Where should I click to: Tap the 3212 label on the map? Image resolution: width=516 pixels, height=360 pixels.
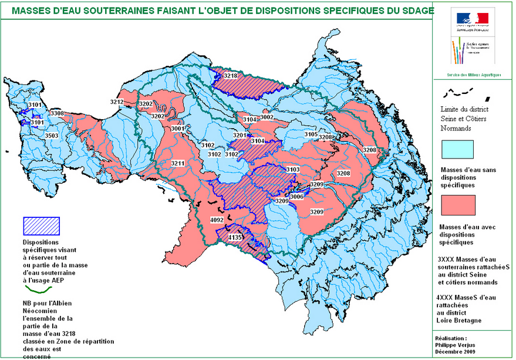117,102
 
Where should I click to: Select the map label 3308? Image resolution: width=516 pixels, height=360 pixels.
57,113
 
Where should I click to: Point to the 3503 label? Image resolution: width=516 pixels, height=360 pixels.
52,136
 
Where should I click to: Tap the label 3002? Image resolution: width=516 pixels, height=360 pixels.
267,117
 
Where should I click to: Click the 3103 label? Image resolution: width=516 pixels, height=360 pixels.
293,170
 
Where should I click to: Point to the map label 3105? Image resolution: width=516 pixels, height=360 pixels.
311,134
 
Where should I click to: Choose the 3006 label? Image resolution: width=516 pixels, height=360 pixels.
297,197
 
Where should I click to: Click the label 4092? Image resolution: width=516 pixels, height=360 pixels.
217,220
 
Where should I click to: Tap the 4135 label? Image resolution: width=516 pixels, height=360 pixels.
235,237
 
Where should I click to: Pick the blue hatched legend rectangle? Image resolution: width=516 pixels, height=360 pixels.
41,225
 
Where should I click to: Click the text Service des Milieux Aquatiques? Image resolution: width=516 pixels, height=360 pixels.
474,75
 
